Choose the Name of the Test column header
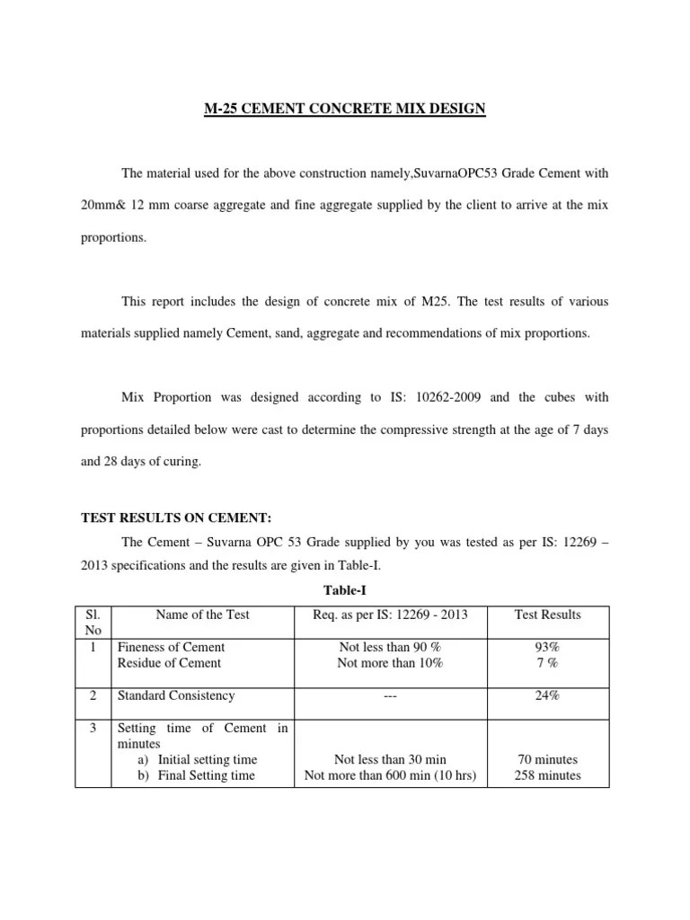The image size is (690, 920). click(202, 615)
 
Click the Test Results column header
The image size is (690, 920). click(547, 615)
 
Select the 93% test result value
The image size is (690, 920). click(547, 647)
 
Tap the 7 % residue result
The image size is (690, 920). click(547, 663)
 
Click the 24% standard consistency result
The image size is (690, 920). click(547, 695)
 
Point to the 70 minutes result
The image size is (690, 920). click(547, 759)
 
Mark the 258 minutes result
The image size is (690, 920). click(547, 775)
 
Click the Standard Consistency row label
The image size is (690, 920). click(176, 695)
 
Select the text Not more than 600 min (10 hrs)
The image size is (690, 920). click(390, 775)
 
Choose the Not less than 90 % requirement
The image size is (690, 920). click(390, 647)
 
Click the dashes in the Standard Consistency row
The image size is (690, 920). click(390, 695)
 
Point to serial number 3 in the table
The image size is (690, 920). click(93, 728)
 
